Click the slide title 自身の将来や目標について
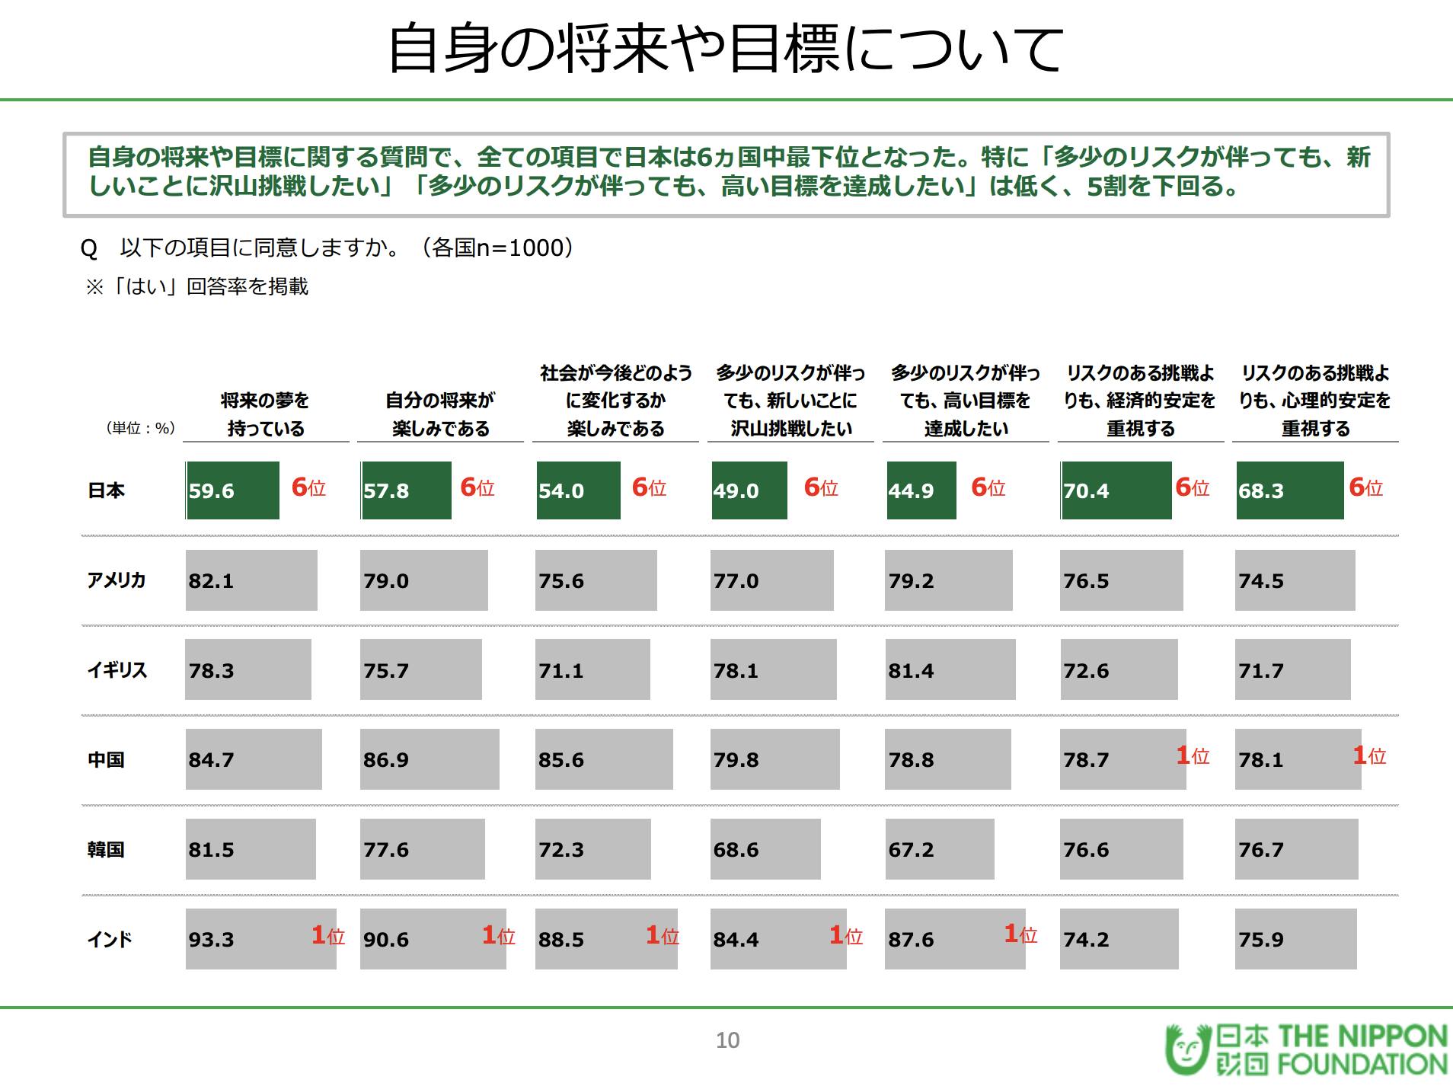(x=726, y=49)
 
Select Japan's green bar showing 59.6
(x=232, y=490)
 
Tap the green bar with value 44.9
(x=921, y=490)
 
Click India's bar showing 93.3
(x=260, y=939)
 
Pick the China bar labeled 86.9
(x=430, y=759)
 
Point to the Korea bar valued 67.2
(x=939, y=849)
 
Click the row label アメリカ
(x=116, y=580)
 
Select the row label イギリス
(x=117, y=670)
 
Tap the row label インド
(x=110, y=939)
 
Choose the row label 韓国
(x=106, y=849)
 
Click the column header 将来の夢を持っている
(x=265, y=414)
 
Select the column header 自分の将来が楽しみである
(x=440, y=414)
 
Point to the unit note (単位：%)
(x=140, y=429)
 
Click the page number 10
(x=727, y=1040)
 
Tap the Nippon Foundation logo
(x=1305, y=1050)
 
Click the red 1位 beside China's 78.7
(x=1193, y=755)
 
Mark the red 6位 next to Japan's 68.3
(x=1365, y=487)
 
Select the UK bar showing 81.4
(x=950, y=670)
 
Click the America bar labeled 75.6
(x=596, y=580)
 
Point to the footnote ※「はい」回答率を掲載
(x=197, y=286)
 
